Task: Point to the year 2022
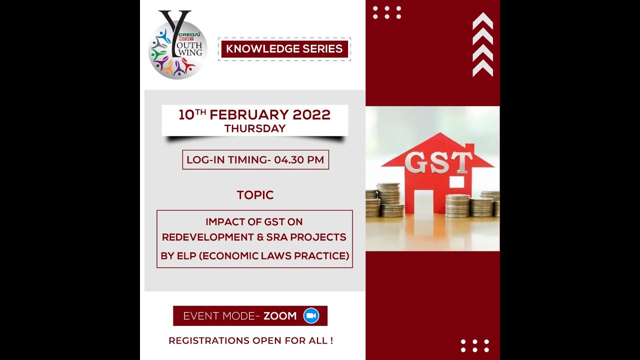pos(311,115)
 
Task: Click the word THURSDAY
pos(255,128)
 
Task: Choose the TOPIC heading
pos(255,195)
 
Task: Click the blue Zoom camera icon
pos(311,315)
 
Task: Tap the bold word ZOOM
pos(280,316)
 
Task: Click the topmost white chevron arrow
pos(482,20)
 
